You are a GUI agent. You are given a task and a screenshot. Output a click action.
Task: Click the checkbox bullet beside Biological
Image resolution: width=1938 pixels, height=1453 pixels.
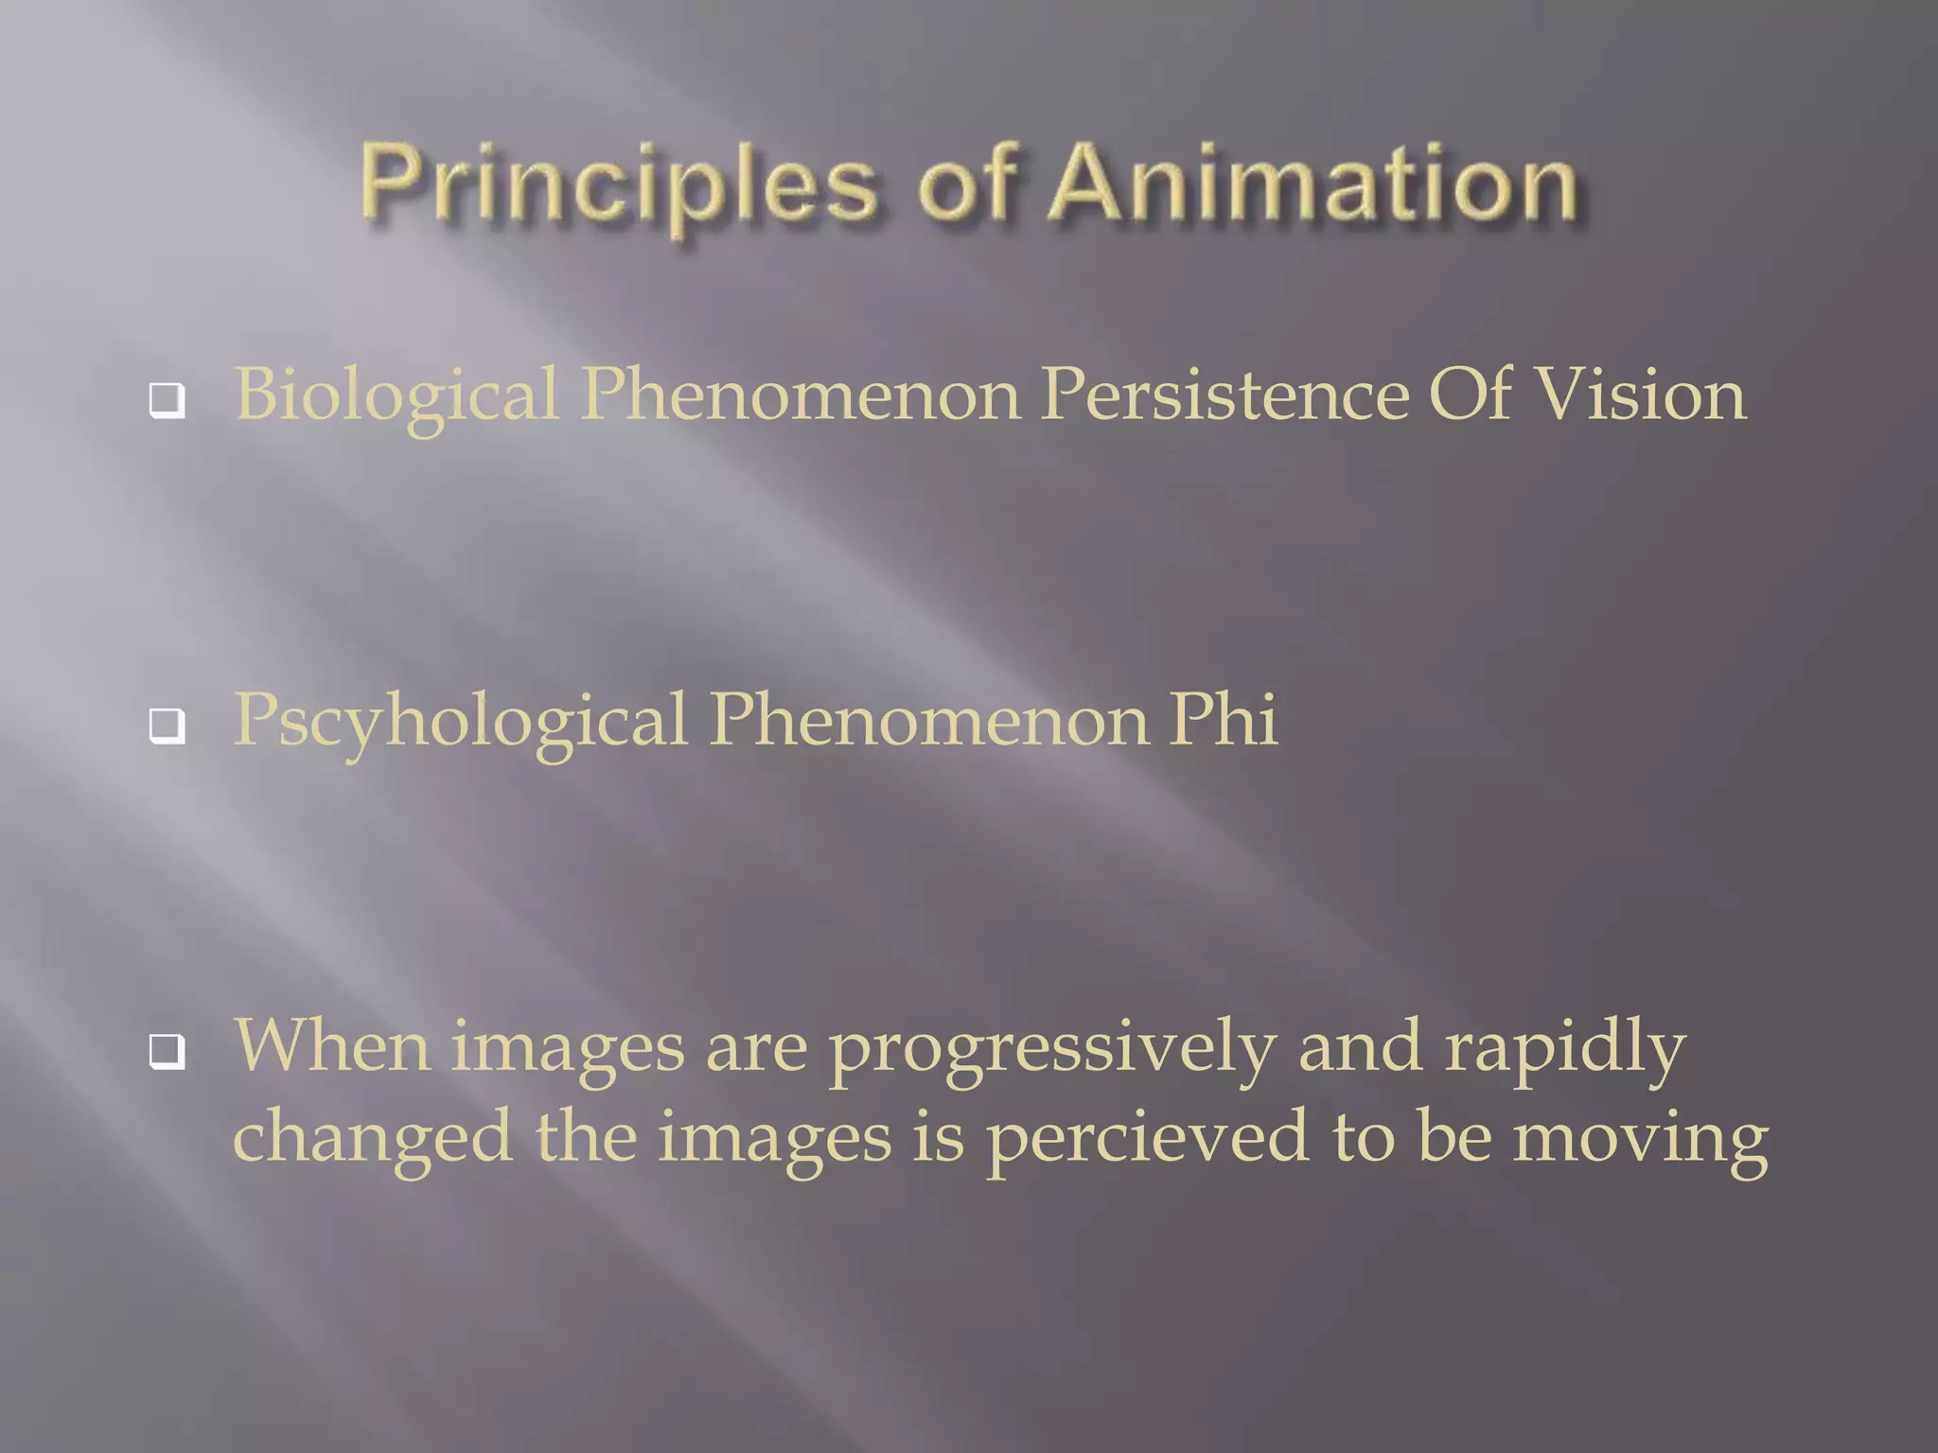(x=167, y=401)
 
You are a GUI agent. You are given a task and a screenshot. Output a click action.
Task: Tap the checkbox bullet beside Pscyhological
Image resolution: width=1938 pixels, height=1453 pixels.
(x=167, y=726)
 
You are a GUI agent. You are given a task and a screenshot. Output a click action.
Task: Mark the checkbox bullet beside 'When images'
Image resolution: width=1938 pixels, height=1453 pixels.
(x=167, y=1050)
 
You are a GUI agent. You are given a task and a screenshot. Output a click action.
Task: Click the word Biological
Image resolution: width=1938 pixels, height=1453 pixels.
(x=396, y=395)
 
